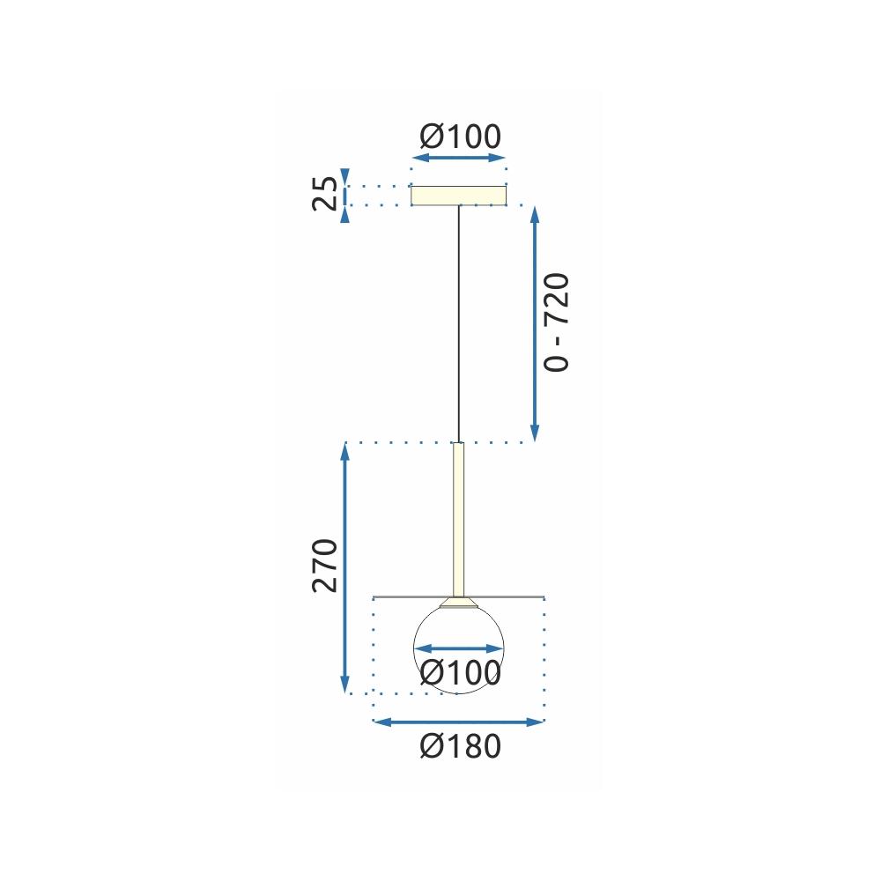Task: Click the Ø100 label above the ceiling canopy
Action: [460, 137]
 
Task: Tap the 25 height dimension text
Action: [325, 195]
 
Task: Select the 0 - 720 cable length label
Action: [558, 322]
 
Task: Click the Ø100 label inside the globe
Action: [460, 674]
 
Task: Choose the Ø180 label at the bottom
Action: [460, 747]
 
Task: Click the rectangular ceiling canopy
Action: [459, 195]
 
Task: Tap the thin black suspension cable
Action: [458, 326]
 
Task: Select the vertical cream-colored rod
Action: [458, 520]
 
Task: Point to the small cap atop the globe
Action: [458, 603]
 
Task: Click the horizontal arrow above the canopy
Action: [459, 159]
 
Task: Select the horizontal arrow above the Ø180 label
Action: [459, 722]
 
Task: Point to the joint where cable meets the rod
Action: [458, 443]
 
